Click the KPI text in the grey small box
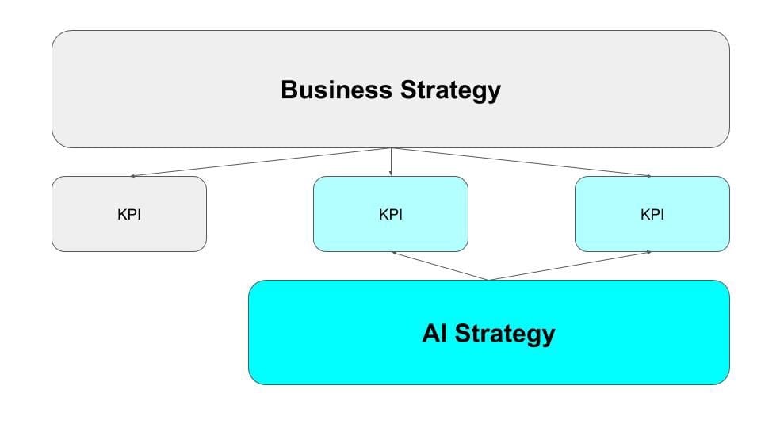coord(129,214)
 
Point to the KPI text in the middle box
coord(391,214)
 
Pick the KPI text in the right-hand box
coord(652,214)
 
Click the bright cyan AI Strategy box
coord(317,357)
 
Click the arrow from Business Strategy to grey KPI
coord(262,162)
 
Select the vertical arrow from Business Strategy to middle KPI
coord(391,161)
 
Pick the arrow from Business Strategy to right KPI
coord(521,162)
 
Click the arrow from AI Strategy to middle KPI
coord(441,266)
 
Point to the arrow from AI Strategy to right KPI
coord(571,266)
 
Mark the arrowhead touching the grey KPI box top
coord(133,175)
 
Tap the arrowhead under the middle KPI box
coord(394,253)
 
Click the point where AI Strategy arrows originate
coord(489,279)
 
